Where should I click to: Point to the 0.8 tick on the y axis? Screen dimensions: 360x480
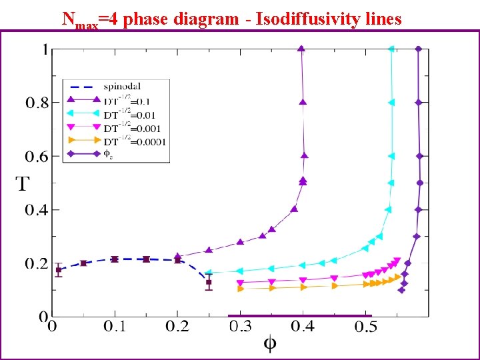pyautogui.click(x=37, y=103)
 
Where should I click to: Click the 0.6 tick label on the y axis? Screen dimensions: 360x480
pyautogui.click(x=37, y=157)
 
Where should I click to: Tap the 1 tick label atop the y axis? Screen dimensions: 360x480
pyautogui.click(x=45, y=49)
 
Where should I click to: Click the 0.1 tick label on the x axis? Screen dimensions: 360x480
pyautogui.click(x=115, y=327)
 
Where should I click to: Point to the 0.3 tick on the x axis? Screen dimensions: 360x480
pyautogui.click(x=240, y=327)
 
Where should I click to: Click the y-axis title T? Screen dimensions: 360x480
pyautogui.click(x=23, y=185)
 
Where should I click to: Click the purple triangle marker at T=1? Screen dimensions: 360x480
pyautogui.click(x=301, y=49)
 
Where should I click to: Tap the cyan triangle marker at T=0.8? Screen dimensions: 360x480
pyautogui.click(x=391, y=103)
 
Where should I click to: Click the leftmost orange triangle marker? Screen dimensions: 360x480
pyautogui.click(x=241, y=289)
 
